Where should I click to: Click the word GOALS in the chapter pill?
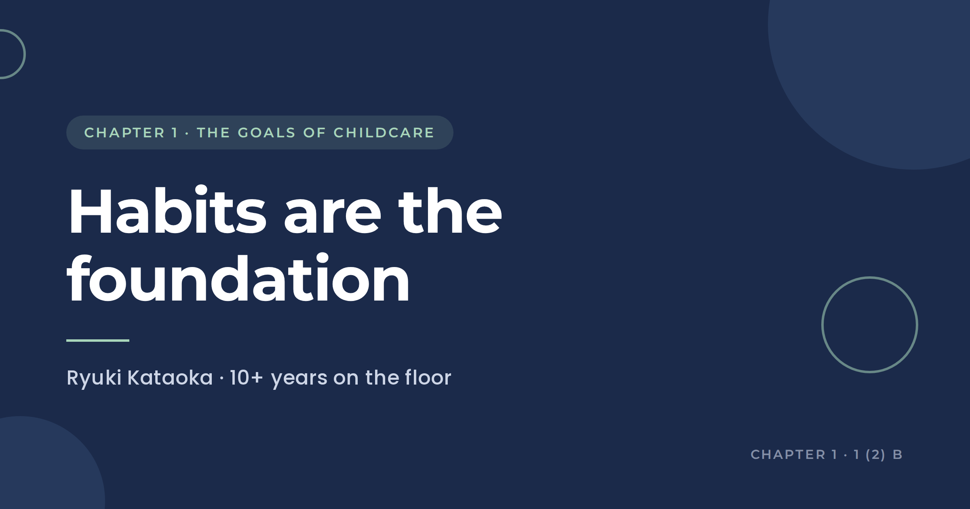pyautogui.click(x=267, y=133)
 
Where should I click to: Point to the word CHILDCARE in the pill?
pyautogui.click(x=384, y=133)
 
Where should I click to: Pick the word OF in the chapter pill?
pyautogui.click(x=314, y=133)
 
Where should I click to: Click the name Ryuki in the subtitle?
pyautogui.click(x=94, y=379)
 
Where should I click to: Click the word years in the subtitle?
pyautogui.click(x=299, y=380)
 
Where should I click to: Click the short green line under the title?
pyautogui.click(x=98, y=341)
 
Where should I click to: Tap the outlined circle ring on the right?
pyautogui.click(x=822, y=325)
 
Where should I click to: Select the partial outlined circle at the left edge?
pyautogui.click(x=25, y=54)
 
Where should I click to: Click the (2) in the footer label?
pyautogui.click(x=875, y=455)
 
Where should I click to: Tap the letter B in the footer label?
pyautogui.click(x=898, y=454)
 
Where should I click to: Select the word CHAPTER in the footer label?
pyautogui.click(x=788, y=454)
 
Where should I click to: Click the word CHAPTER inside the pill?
pyautogui.click(x=124, y=133)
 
